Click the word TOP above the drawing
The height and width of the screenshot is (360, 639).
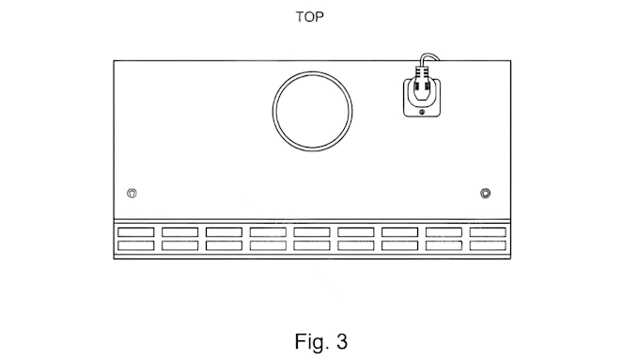click(310, 17)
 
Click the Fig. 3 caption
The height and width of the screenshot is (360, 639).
click(321, 341)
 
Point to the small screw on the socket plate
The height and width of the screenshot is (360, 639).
click(422, 112)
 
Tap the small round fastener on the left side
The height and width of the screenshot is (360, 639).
click(132, 194)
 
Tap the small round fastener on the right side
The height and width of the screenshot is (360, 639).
click(486, 194)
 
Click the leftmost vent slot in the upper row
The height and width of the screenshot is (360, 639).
click(136, 232)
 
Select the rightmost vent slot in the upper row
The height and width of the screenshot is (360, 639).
click(488, 232)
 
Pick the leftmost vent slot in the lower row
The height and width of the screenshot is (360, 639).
click(136, 245)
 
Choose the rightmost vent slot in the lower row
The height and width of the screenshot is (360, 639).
click(488, 245)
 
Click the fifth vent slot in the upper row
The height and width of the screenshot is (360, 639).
click(312, 232)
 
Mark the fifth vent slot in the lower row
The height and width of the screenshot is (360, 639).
click(312, 245)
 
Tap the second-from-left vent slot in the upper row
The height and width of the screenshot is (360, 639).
click(180, 232)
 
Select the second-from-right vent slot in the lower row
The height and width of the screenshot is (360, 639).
click(444, 245)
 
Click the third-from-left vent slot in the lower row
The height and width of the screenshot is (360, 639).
click(225, 245)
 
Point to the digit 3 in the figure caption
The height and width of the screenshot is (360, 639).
click(342, 341)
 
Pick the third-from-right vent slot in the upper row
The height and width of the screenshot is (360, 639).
click(399, 232)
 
